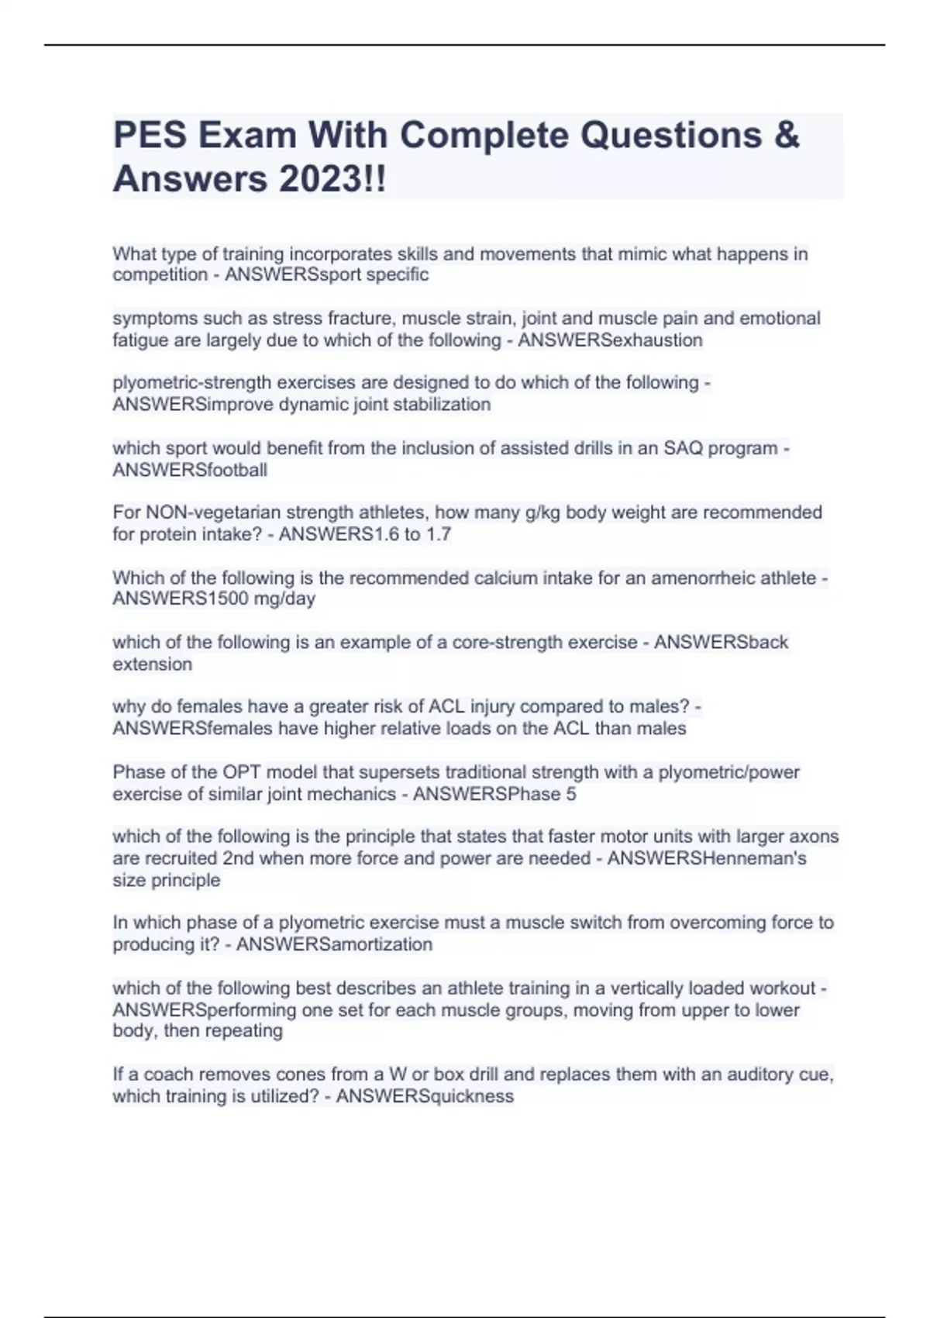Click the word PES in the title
pyautogui.click(x=150, y=135)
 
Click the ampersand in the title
pyautogui.click(x=786, y=135)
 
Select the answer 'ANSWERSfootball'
pyautogui.click(x=190, y=470)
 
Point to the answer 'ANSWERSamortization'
pyautogui.click(x=334, y=944)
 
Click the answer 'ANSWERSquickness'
pyautogui.click(x=425, y=1096)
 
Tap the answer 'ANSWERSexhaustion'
pyautogui.click(x=610, y=340)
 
